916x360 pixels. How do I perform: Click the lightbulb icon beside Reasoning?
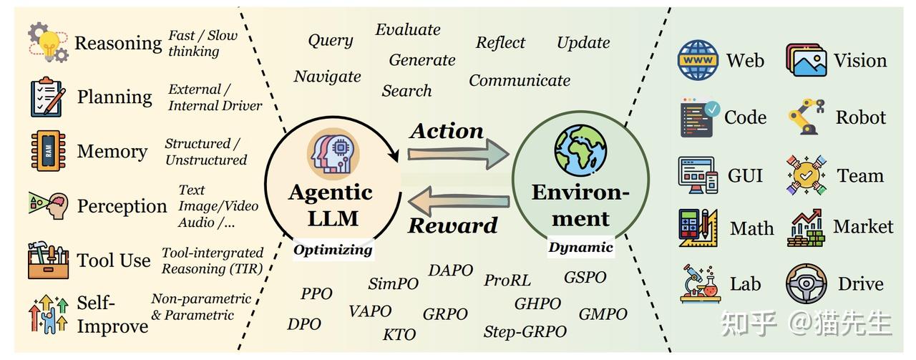(x=47, y=42)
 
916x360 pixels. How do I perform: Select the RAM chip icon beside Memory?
(x=48, y=151)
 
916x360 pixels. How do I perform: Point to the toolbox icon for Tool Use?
(x=48, y=260)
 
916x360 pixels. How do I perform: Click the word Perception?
(x=122, y=206)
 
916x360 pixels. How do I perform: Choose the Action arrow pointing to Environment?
(x=458, y=154)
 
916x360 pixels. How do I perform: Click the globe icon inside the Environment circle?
(x=580, y=150)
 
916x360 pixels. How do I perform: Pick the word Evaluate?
(x=408, y=30)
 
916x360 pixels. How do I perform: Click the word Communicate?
(x=520, y=80)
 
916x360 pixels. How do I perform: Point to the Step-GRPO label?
(x=525, y=331)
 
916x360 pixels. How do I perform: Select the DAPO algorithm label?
(x=451, y=271)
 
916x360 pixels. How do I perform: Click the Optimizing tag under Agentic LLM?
(x=333, y=250)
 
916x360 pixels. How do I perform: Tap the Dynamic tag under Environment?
(x=580, y=248)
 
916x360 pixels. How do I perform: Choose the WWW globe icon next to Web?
(x=698, y=60)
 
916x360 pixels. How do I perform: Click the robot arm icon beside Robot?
(x=807, y=117)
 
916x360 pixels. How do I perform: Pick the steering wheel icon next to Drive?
(x=807, y=284)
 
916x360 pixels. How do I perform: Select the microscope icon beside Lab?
(x=698, y=283)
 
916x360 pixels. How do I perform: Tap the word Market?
(x=863, y=227)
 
